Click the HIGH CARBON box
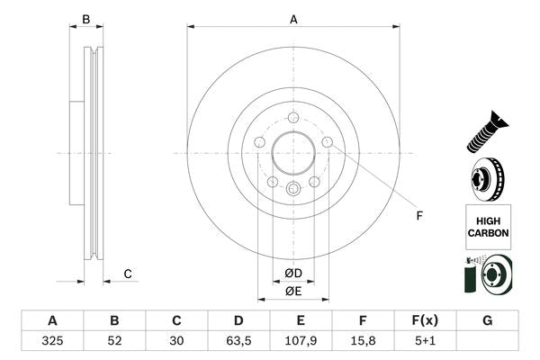pyautogui.click(x=488, y=225)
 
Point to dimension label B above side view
pyautogui.click(x=86, y=19)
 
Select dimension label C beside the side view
pyautogui.click(x=128, y=274)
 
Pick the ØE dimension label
pyautogui.click(x=293, y=291)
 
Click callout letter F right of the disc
pyautogui.click(x=418, y=214)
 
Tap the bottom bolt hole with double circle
pyautogui.click(x=293, y=189)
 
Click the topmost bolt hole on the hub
pyautogui.click(x=293, y=117)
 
